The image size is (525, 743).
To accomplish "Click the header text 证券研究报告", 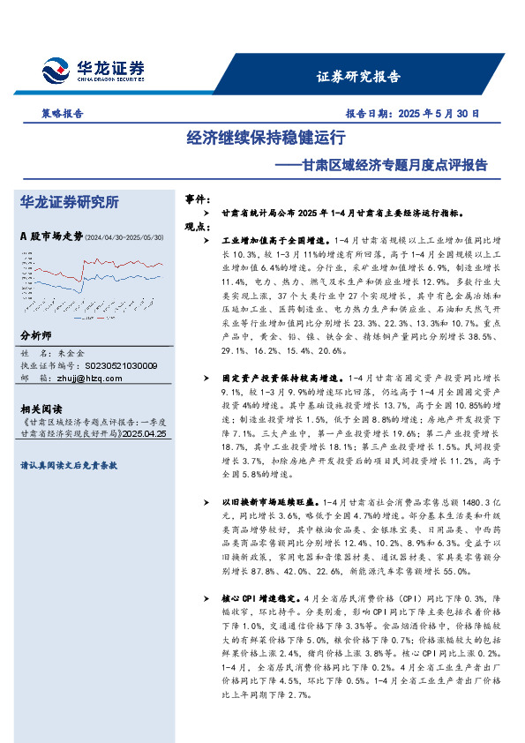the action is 357,76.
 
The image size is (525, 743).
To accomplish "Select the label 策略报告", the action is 63,114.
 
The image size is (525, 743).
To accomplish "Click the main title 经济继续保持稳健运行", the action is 265,139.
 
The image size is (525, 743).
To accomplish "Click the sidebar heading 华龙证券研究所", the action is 69,203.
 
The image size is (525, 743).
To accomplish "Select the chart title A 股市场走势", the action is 50,236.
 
